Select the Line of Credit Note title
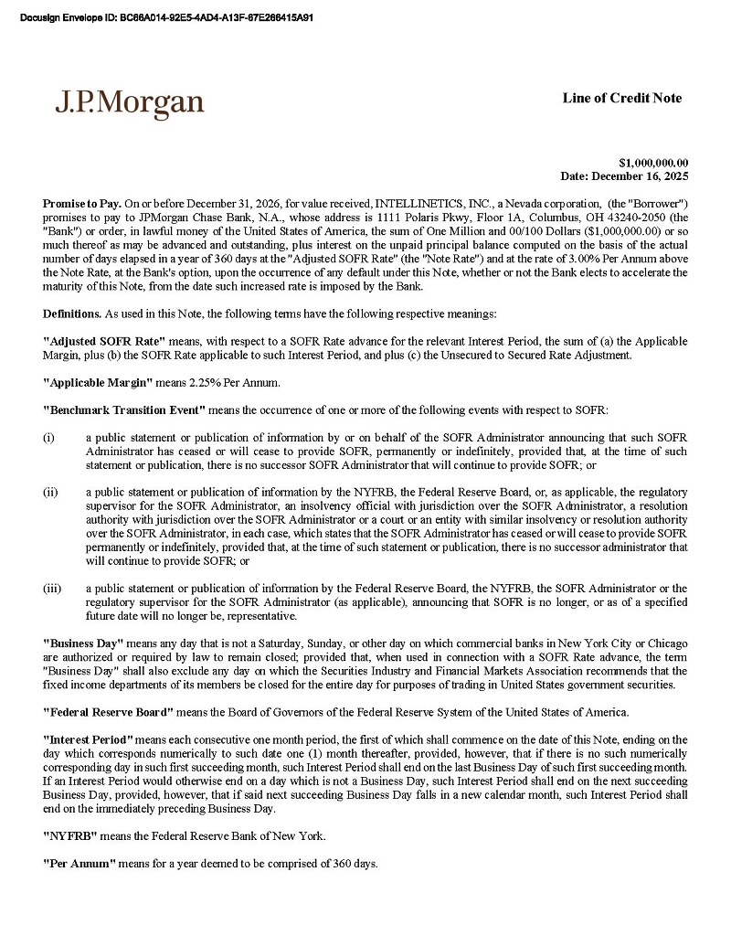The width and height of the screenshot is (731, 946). coord(621,98)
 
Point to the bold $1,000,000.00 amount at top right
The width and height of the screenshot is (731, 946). coord(653,162)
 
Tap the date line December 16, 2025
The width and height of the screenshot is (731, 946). coord(624,175)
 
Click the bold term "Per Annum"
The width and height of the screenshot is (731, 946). coord(79,864)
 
